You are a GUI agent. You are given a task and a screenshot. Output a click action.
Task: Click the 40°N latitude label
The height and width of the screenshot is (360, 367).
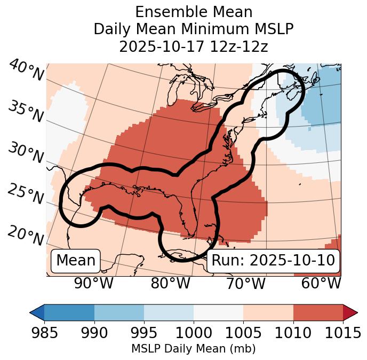(26, 71)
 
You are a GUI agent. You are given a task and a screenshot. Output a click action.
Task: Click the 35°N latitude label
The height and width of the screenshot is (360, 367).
(26, 111)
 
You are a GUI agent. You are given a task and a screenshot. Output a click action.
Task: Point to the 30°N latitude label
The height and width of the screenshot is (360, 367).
(26, 153)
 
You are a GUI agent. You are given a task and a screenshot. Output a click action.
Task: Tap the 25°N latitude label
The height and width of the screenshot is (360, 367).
(26, 194)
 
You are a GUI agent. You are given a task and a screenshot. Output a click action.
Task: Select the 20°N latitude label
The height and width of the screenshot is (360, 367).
(26, 236)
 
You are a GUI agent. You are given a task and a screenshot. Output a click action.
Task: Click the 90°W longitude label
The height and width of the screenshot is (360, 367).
(93, 284)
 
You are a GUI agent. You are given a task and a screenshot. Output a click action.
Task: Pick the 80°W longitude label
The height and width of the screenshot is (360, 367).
(170, 284)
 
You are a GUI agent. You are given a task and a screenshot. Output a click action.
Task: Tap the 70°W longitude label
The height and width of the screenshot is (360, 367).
(245, 284)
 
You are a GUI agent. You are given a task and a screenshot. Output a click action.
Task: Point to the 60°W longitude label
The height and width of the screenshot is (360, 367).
(321, 284)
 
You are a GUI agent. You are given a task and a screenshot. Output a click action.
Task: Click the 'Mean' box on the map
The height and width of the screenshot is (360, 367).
(76, 261)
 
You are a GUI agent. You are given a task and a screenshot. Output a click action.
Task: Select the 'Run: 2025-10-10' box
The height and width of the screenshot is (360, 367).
(273, 261)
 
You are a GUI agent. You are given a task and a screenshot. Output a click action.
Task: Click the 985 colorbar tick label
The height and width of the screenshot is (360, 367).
(44, 333)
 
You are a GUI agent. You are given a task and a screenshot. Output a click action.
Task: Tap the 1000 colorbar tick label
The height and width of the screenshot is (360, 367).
(193, 333)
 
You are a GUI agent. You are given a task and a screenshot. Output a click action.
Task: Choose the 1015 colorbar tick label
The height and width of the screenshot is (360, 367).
(342, 333)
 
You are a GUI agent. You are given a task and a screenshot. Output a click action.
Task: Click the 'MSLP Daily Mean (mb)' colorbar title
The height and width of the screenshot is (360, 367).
(193, 349)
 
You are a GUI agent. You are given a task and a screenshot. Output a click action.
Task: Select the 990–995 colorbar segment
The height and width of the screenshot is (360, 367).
(119, 312)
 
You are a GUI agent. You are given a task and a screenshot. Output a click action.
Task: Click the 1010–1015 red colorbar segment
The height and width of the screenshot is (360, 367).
(317, 312)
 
